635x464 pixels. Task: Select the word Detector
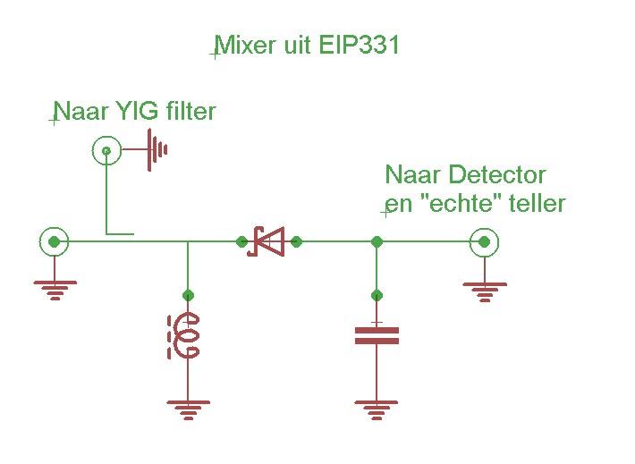497,174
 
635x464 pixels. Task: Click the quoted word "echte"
461,203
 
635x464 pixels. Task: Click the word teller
537,203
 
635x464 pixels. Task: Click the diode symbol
267,241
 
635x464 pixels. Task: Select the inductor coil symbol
186,336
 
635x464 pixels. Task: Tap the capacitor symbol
377,335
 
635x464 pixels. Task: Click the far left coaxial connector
55,241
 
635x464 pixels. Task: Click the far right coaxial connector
485,241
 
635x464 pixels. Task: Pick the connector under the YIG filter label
106,151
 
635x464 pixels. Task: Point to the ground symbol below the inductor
188,409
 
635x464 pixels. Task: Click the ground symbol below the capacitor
377,409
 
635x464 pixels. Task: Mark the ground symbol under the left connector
55,289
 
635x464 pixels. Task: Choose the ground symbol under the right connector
485,290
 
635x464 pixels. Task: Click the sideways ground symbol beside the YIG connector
157,149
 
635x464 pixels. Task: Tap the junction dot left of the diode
241,241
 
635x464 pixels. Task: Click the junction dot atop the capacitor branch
377,241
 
